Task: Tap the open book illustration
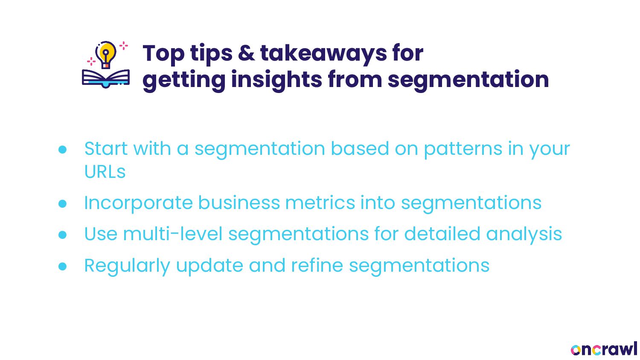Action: coord(106,79)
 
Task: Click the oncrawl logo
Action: coord(604,349)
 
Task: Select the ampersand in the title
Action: coord(246,53)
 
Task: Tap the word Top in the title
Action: coord(163,54)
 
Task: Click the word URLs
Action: coord(105,172)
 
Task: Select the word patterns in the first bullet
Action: coord(463,150)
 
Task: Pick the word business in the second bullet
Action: coord(239,203)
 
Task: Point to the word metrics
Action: coord(320,203)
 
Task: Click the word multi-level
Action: coord(172,233)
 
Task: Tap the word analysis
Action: coord(524,235)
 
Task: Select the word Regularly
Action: coord(127,266)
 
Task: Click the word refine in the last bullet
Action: coord(317,265)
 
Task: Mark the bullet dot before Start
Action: coord(62,149)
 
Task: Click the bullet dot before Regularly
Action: coord(62,266)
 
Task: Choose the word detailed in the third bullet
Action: coord(442,233)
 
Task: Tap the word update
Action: coord(209,266)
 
